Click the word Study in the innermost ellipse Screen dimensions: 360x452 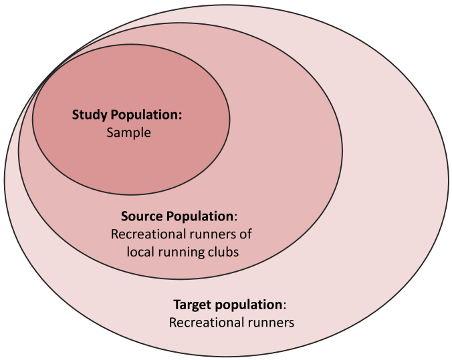click(89, 114)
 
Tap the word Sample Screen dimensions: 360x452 click(128, 132)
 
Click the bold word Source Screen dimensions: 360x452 click(141, 216)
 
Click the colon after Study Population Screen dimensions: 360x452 click(181, 115)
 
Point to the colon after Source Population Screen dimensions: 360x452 click(236, 217)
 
